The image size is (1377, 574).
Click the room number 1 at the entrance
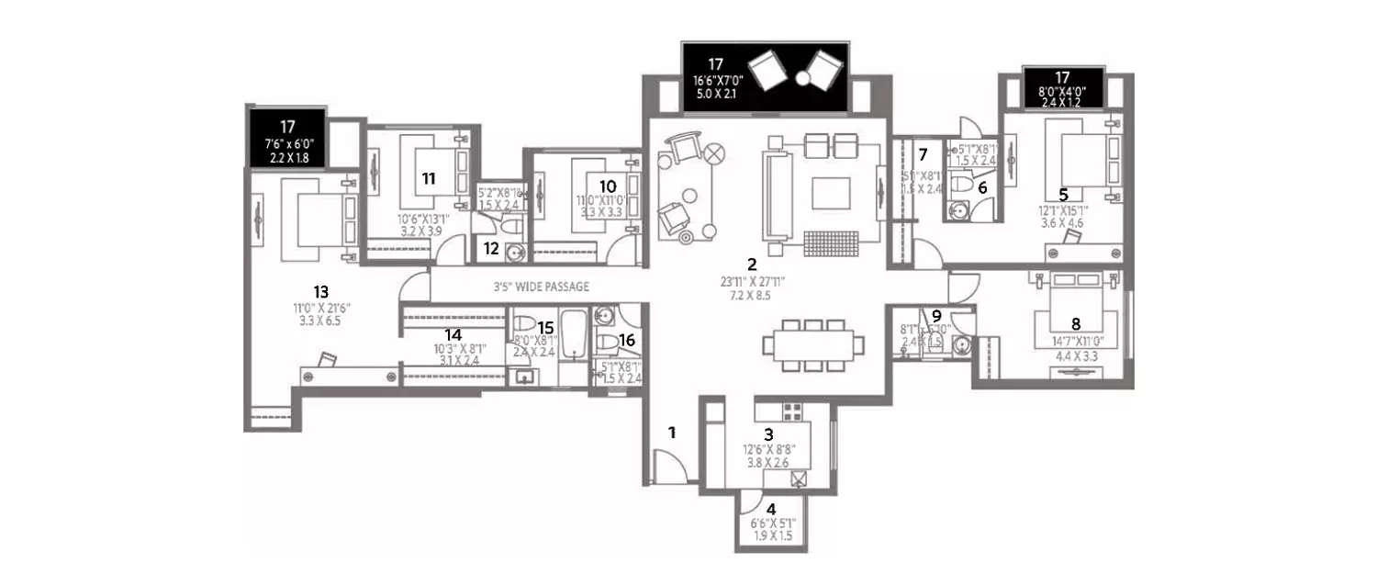coord(672,432)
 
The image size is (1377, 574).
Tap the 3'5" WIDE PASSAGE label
coord(541,287)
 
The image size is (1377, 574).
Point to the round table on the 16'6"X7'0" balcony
coord(803,79)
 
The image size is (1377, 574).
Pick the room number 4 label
coord(771,508)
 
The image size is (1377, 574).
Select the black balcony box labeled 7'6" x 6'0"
coord(286,138)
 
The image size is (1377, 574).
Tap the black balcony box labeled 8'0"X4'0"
coord(1063,88)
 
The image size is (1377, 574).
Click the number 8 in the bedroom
coord(1076,322)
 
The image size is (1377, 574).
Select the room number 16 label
coord(627,340)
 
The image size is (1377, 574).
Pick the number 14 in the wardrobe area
coord(453,335)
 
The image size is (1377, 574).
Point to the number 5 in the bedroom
coord(1063,195)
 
